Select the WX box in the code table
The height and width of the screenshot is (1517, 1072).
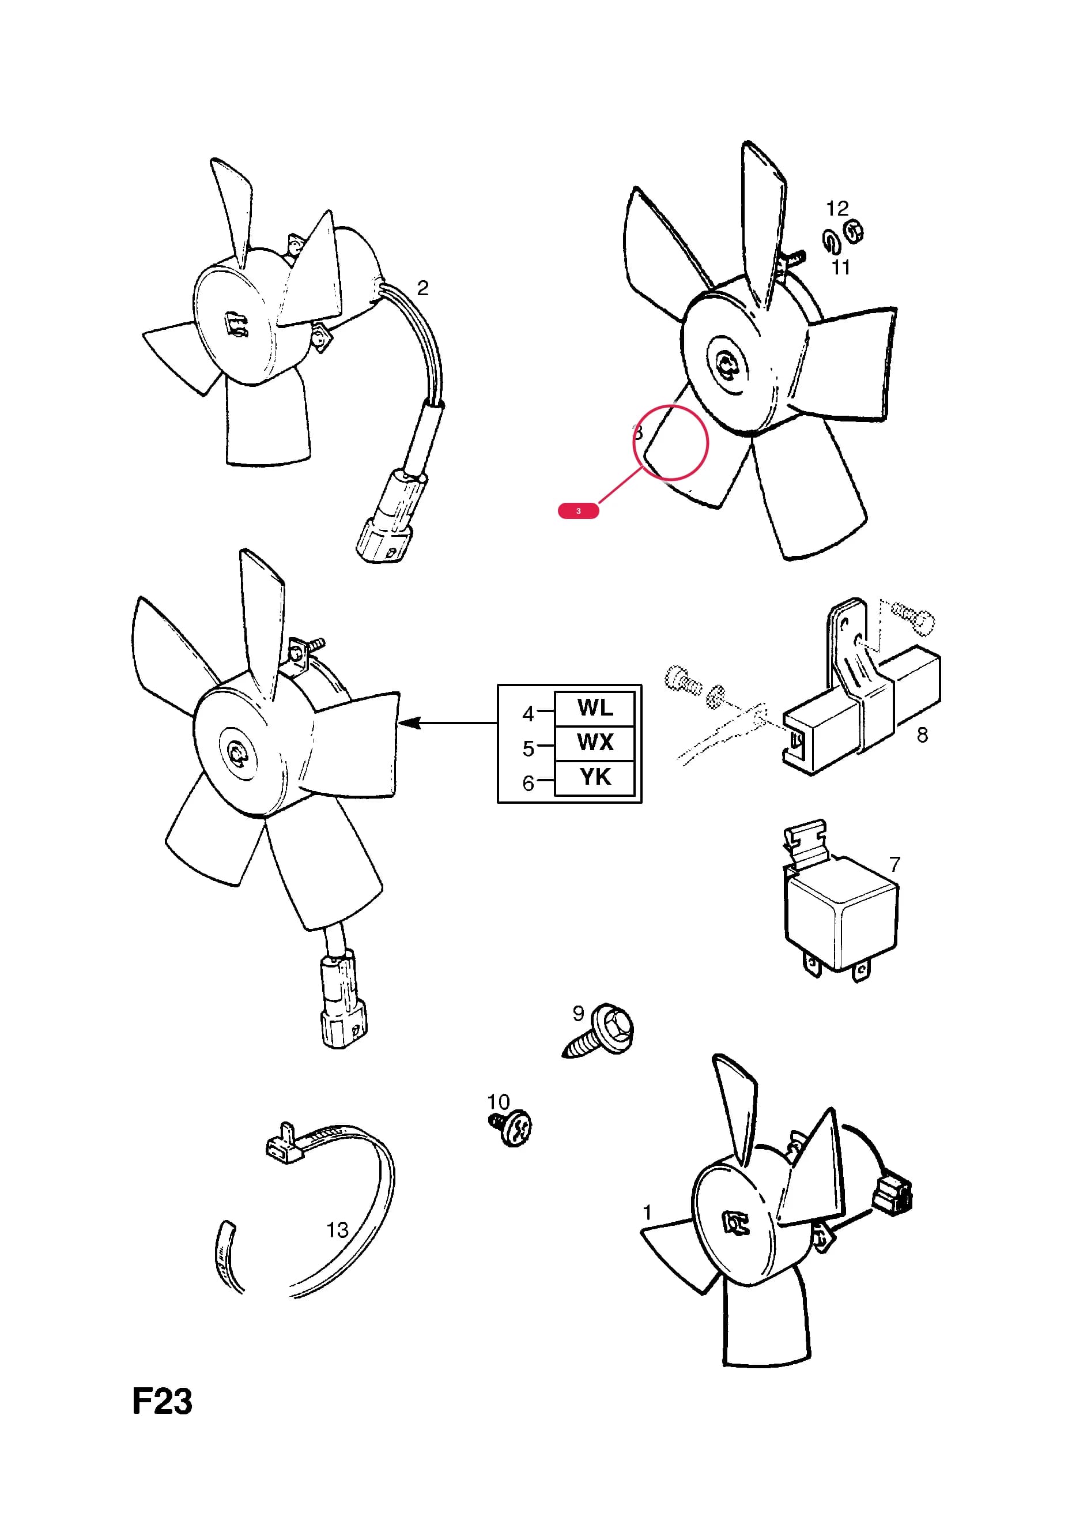coord(594,743)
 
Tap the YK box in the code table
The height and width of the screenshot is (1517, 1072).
coord(594,778)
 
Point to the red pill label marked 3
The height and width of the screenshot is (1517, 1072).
coord(579,511)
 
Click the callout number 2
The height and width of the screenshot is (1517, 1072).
coord(422,288)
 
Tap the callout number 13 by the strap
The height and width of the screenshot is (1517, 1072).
coord(338,1230)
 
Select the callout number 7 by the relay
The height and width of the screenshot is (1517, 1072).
coord(895,864)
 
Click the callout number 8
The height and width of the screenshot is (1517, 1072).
coord(922,735)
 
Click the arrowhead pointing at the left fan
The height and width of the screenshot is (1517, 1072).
coord(410,723)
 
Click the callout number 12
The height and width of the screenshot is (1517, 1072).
coord(837,209)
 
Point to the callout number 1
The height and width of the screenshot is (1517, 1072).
coord(647,1213)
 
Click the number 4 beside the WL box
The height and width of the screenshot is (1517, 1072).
coord(528,714)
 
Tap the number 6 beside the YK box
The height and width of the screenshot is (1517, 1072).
coord(528,784)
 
